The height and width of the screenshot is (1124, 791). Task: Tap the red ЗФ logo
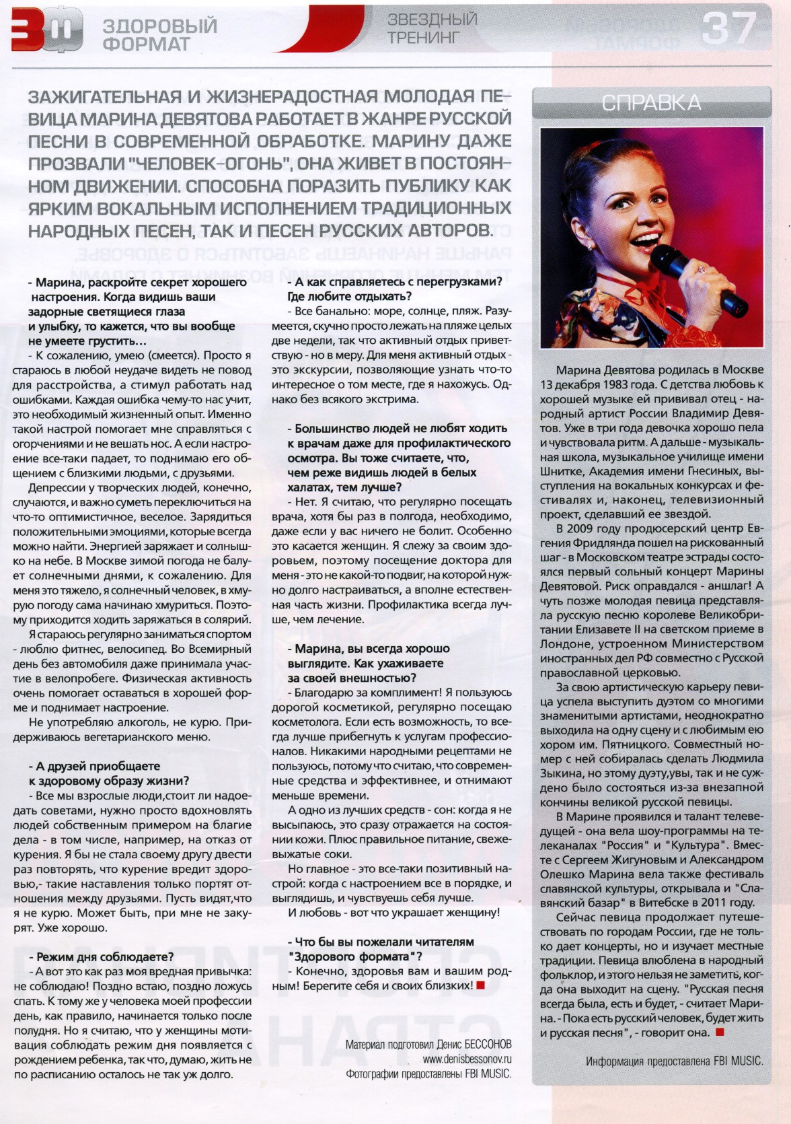(x=46, y=32)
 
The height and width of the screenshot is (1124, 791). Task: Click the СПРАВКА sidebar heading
(x=650, y=103)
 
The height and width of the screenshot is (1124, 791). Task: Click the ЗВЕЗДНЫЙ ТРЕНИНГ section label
(x=432, y=28)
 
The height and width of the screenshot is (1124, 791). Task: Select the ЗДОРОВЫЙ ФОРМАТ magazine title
(x=159, y=35)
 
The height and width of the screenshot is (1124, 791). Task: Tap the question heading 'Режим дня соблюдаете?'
(x=102, y=956)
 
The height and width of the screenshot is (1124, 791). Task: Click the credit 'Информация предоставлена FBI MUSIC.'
(x=675, y=1061)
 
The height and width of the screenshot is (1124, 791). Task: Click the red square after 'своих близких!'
(x=480, y=985)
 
